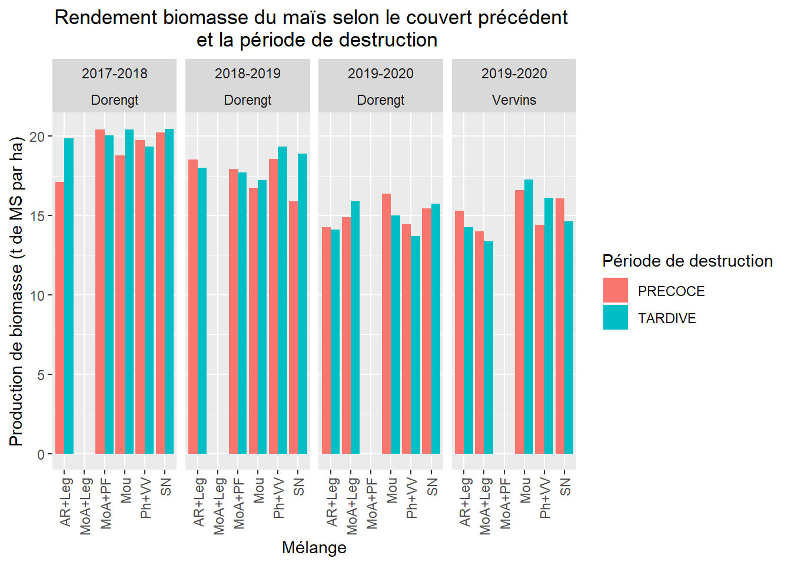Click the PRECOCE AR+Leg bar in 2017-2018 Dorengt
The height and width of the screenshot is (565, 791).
point(59,318)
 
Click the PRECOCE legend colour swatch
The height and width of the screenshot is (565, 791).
point(615,290)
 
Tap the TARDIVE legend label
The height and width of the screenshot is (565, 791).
point(667,318)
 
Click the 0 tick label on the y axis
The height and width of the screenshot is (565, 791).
point(41,454)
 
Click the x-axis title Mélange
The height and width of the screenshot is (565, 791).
point(314,547)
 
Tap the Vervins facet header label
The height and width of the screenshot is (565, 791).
point(514,100)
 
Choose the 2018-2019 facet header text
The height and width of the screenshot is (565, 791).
point(247,74)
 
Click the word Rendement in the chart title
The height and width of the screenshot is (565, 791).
point(106,18)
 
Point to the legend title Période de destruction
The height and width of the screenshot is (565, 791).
point(687,261)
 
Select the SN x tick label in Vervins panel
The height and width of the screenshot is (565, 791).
point(565,487)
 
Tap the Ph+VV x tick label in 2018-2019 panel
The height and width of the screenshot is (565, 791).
point(278,498)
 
